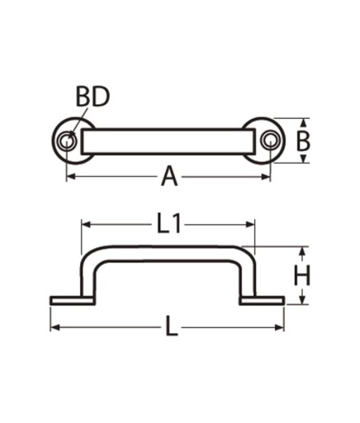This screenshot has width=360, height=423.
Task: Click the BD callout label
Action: tap(92, 97)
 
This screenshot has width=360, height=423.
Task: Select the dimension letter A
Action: tap(169, 177)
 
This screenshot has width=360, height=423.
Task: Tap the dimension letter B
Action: tap(303, 141)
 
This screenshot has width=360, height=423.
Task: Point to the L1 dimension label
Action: tap(169, 225)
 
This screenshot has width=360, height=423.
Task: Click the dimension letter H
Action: tap(302, 275)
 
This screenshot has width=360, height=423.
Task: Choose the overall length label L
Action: tap(172, 326)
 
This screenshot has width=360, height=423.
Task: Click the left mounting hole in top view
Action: tap(66, 141)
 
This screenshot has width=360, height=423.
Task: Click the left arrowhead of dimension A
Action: tap(71, 177)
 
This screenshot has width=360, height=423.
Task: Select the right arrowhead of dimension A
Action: tap(265, 177)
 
